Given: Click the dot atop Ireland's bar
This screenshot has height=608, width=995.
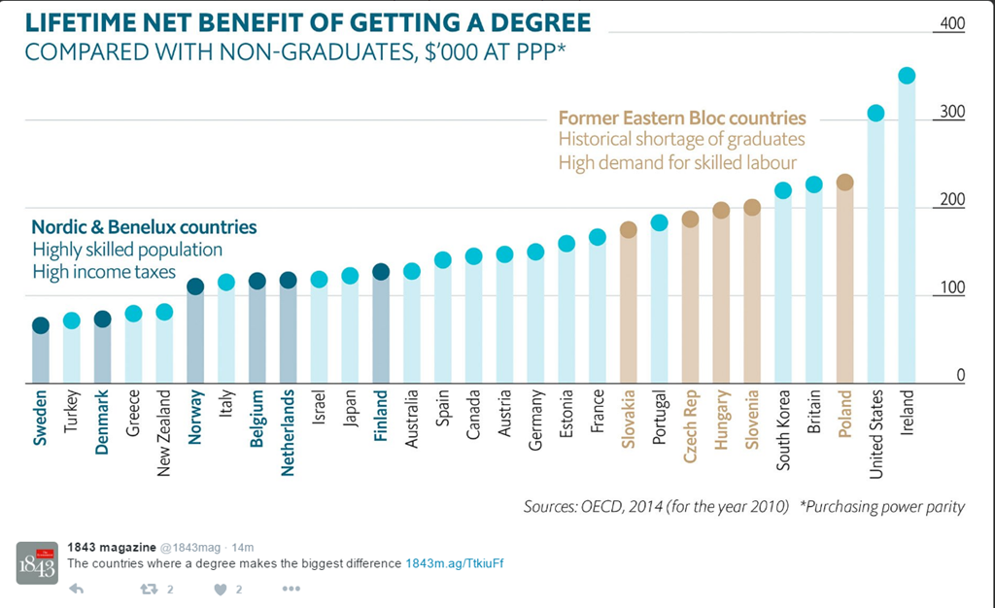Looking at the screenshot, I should [907, 76].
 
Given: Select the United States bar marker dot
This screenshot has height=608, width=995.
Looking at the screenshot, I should [875, 113].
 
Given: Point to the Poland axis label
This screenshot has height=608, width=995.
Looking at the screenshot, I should [844, 415].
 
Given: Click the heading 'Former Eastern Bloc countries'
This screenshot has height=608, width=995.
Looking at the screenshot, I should [682, 118].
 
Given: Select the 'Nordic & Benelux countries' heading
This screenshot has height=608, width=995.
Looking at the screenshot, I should [144, 227].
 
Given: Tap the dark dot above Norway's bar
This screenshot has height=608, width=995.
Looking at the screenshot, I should [194, 287].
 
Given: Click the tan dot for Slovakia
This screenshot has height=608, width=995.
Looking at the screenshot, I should [628, 230].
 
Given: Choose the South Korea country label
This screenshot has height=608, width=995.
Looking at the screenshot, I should [782, 431].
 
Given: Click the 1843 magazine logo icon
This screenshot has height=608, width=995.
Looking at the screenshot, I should [36, 562].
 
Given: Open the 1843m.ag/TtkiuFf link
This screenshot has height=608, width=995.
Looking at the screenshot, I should [454, 563].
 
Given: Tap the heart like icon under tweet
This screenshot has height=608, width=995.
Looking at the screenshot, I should [219, 589].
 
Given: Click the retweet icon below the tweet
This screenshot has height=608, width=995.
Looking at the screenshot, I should [149, 589].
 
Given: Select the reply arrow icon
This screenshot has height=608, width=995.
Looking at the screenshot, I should [77, 589].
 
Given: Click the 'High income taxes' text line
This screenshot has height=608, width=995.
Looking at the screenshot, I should [104, 272].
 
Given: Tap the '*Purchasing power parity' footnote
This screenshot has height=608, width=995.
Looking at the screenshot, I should [881, 506].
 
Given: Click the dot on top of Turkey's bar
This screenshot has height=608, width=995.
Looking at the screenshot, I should [71, 321].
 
